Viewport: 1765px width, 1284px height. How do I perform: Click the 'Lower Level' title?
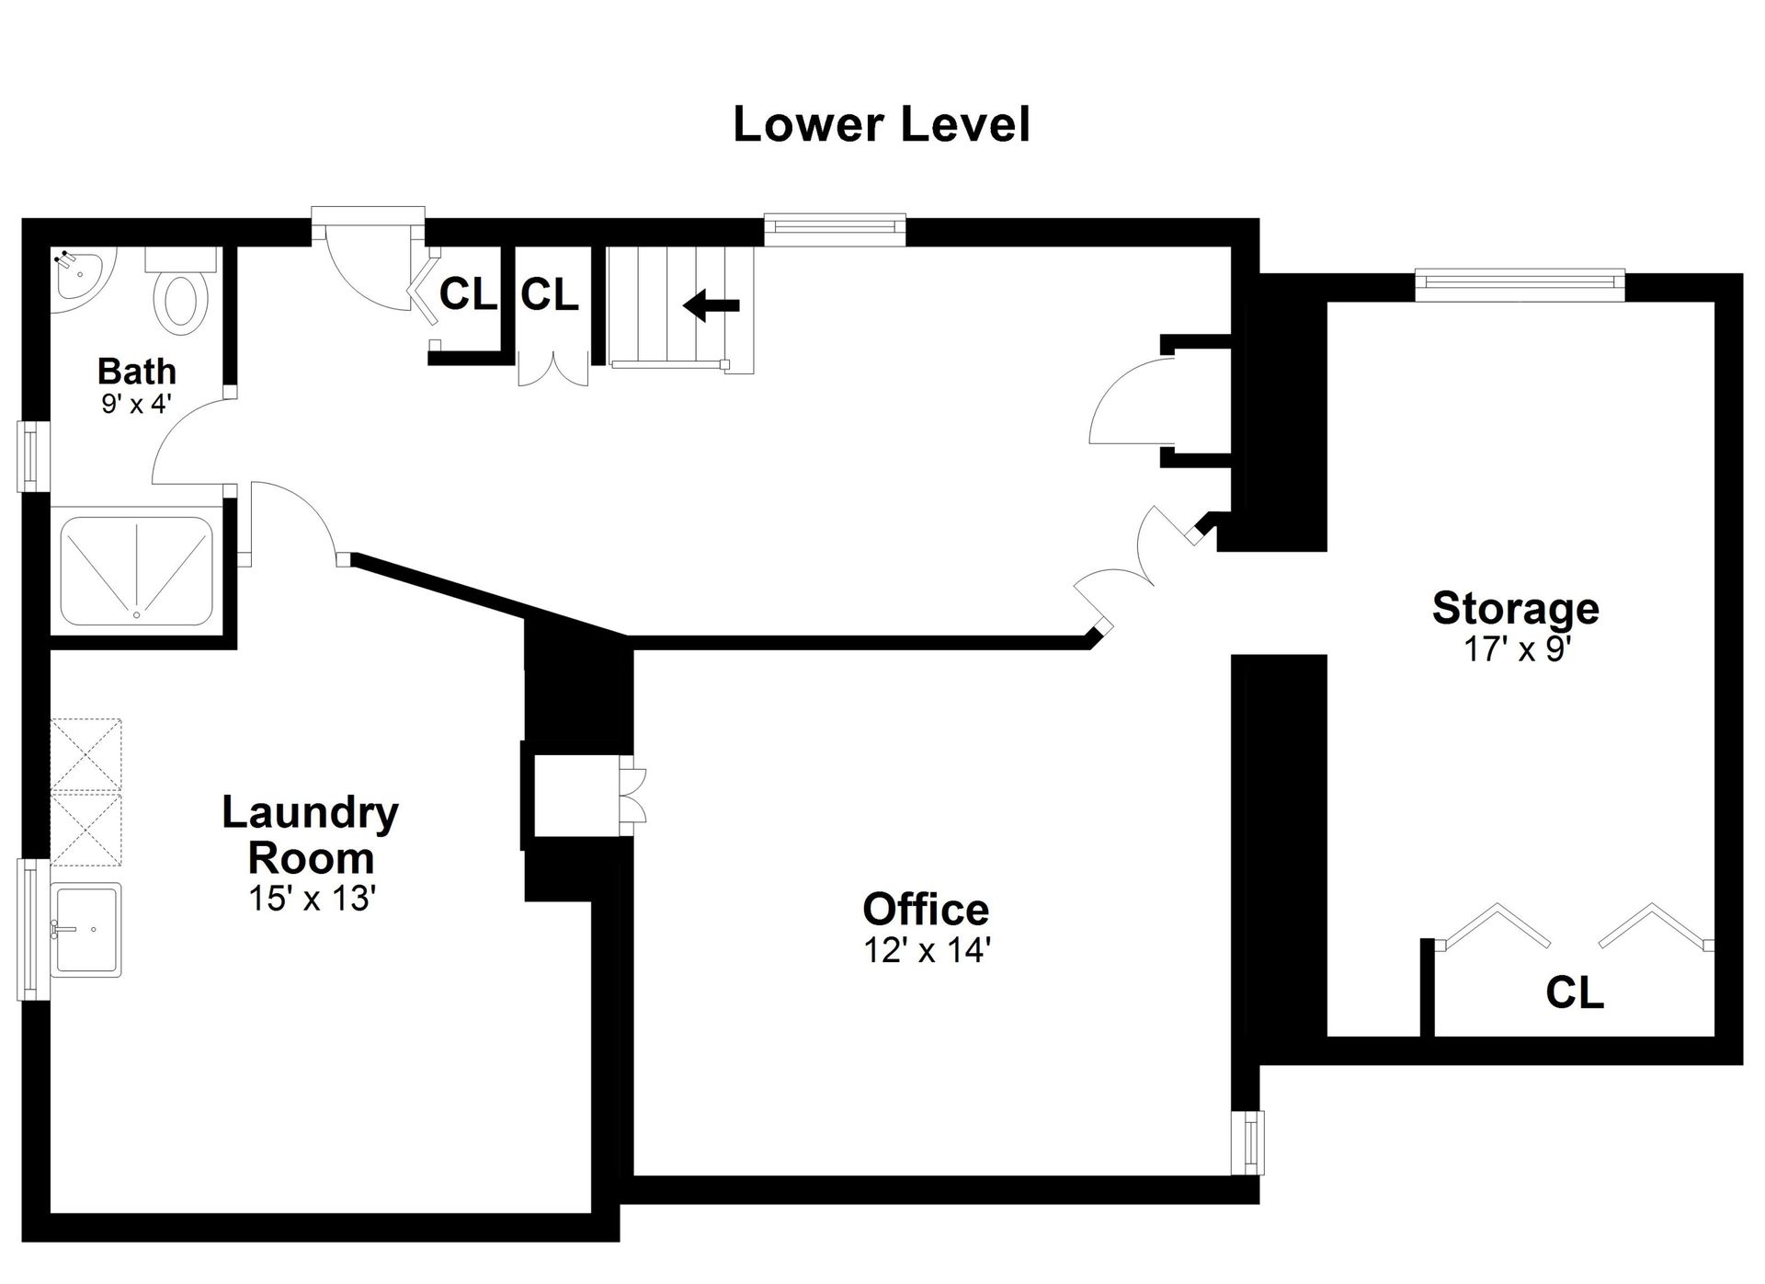881,125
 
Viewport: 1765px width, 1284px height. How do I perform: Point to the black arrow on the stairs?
712,304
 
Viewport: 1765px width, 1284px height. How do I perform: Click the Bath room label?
137,372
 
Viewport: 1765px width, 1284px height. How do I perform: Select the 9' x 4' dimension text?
137,403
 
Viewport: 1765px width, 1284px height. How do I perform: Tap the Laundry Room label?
311,835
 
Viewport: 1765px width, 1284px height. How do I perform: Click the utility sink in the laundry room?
86,930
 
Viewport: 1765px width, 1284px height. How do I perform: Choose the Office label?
926,909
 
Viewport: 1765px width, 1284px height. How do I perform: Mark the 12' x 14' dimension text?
926,949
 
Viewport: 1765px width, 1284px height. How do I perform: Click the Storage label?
1516,609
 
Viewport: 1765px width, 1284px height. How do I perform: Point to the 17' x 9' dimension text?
1516,649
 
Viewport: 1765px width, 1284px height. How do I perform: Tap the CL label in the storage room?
1575,993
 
